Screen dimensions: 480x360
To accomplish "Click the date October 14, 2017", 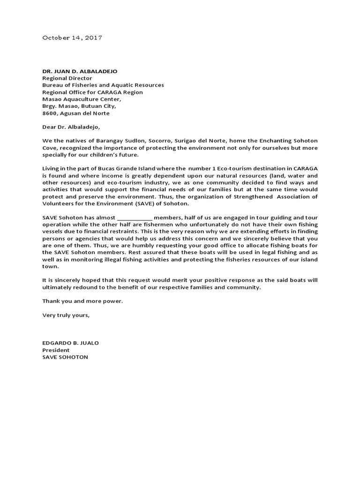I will tap(72, 37).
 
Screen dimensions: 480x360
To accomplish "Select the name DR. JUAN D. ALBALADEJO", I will tap(80, 71).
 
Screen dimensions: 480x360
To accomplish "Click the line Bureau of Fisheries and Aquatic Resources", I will tap(103, 85).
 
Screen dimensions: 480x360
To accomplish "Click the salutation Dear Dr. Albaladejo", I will tap(71, 127).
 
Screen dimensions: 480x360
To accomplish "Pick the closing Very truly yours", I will tap(66, 315).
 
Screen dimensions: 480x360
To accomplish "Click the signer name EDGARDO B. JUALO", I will tap(70, 343).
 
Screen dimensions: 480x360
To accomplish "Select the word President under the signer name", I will tap(56, 350).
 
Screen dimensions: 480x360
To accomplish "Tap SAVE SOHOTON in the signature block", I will tap(65, 357).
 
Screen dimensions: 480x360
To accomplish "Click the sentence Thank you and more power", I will tap(82, 301).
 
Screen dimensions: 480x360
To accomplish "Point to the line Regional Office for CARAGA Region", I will tap(92, 92).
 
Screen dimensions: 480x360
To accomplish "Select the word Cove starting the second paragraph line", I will tap(50, 148).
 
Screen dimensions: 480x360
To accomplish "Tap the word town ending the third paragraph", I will tap(49, 266).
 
